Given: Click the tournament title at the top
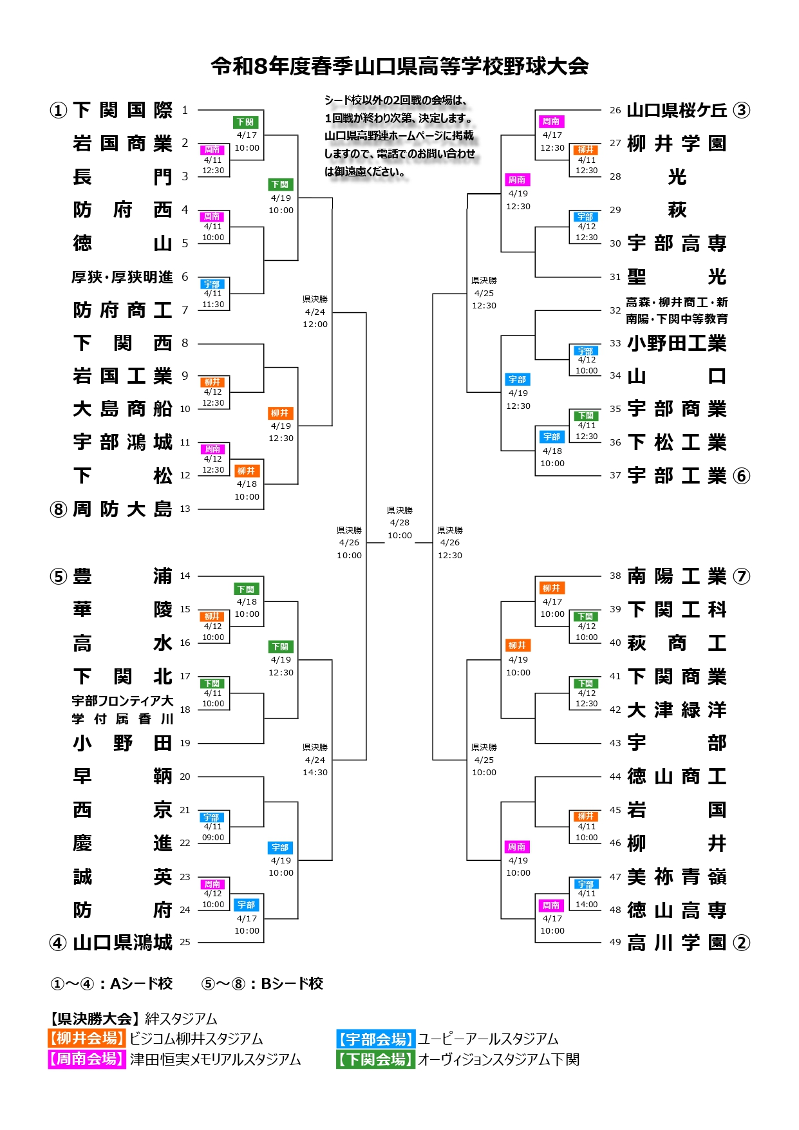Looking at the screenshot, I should [399, 66].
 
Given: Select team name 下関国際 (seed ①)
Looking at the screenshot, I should [122, 110].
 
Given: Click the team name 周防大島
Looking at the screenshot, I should [122, 509].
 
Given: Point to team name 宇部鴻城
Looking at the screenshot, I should [122, 442].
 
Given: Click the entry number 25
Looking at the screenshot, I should [185, 942].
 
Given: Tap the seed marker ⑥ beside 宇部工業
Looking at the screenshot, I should [742, 476].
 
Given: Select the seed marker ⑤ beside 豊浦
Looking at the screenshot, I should [59, 576].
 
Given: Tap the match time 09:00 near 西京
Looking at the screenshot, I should [213, 838].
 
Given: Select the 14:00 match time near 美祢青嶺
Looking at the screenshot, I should [587, 904].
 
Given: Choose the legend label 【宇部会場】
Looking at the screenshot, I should [375, 1039].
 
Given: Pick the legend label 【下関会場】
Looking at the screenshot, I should [375, 1059].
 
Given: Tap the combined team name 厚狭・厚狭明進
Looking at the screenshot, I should [122, 278].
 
